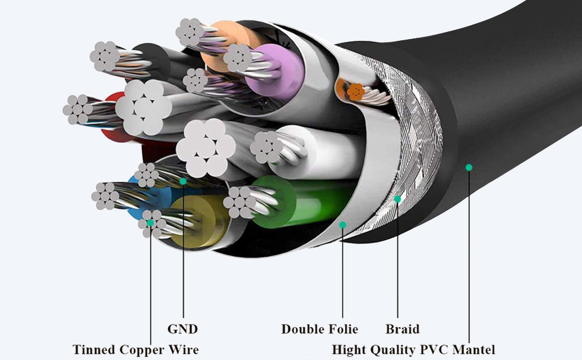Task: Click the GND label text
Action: click(182, 329)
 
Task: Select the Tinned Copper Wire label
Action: click(136, 349)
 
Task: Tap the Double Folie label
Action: click(319, 329)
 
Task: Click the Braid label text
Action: click(402, 329)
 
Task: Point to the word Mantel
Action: click(474, 349)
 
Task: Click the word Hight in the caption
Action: click(349, 349)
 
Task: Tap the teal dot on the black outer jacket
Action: click(469, 167)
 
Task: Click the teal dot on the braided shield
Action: click(397, 199)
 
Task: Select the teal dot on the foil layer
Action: click(343, 224)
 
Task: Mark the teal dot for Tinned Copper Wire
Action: click(151, 223)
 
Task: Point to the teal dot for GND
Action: click(183, 180)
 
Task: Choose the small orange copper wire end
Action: click(356, 91)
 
